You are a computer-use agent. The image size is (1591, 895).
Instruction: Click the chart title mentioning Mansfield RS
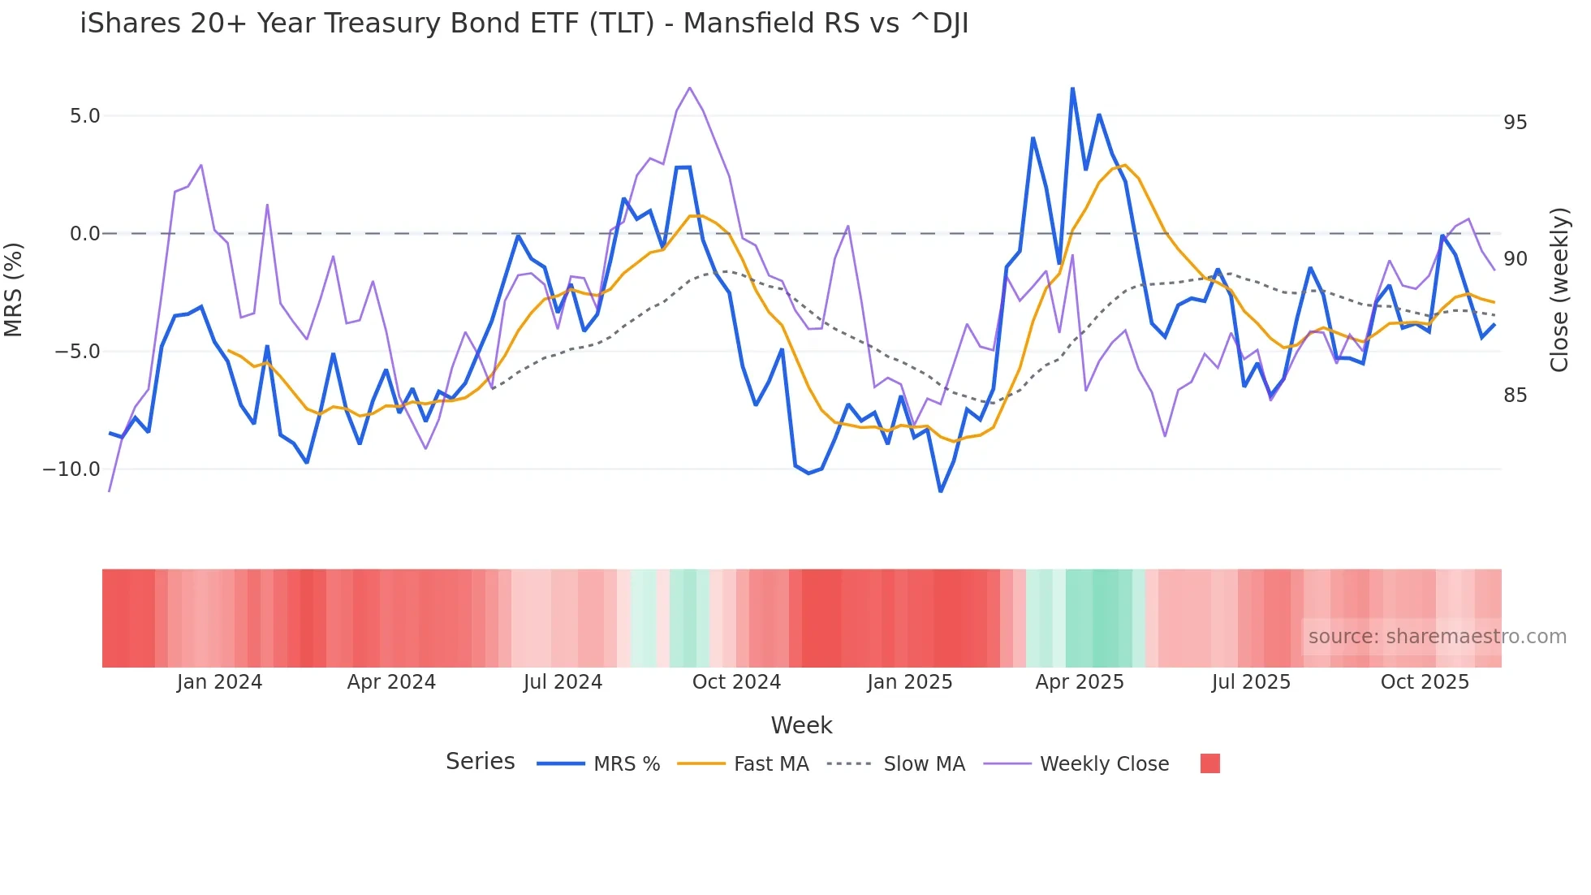coord(524,24)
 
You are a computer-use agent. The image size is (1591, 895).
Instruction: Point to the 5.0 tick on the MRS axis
coord(84,116)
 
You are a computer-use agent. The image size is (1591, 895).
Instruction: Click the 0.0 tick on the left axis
coord(84,234)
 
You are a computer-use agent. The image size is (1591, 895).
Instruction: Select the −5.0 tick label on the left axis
coord(77,352)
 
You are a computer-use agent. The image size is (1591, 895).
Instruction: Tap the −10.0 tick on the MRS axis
coord(71,469)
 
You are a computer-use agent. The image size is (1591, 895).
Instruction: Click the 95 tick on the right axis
coord(1515,123)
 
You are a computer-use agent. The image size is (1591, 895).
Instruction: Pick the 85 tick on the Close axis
coord(1515,396)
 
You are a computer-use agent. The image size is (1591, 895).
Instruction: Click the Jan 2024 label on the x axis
coord(219,682)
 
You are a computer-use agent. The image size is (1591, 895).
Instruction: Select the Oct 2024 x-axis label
coord(736,682)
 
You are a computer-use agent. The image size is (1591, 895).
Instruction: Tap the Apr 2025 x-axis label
coord(1080,682)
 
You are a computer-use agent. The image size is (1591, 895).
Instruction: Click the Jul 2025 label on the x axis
coord(1251,682)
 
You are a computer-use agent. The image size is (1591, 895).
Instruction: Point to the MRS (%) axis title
coord(14,290)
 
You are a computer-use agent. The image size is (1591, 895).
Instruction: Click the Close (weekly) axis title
coord(1559,290)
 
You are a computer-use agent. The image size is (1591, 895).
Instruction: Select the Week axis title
coord(801,725)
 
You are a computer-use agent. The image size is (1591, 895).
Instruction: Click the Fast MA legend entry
coord(770,764)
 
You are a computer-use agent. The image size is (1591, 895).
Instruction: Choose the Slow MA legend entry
coord(924,764)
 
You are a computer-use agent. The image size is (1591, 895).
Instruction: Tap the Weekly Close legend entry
coord(1104,764)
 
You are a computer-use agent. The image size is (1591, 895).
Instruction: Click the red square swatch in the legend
coord(1209,763)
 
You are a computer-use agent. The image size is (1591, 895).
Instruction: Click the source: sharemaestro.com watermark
coord(1437,637)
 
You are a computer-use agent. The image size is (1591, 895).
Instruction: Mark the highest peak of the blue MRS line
coord(1072,89)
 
